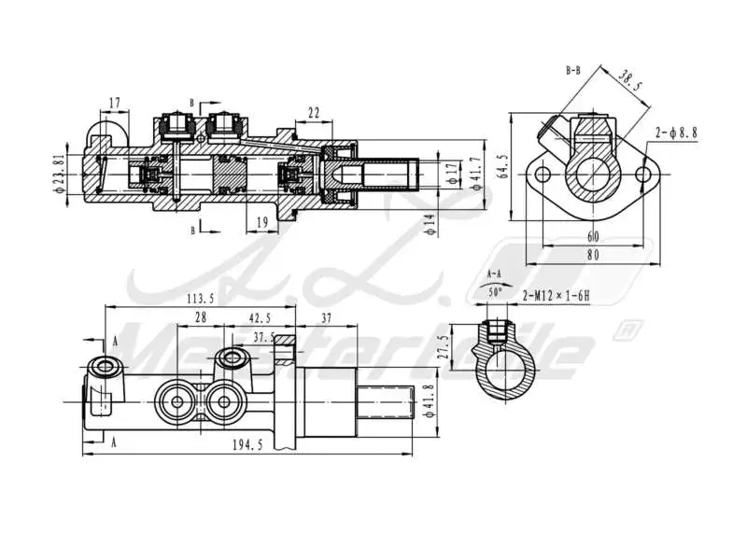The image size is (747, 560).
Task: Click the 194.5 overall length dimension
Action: pos(247,447)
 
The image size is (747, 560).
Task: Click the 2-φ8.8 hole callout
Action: pos(676,133)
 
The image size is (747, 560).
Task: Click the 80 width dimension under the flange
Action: pos(593,254)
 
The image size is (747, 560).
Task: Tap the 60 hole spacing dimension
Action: pos(593,235)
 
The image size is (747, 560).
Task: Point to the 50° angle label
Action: pos(495,292)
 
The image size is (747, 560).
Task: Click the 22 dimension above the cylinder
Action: pos(313,112)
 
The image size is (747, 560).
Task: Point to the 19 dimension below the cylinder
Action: pos(261,221)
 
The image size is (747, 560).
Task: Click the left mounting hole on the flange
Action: pos(539,175)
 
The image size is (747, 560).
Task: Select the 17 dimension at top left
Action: pos(115,102)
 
